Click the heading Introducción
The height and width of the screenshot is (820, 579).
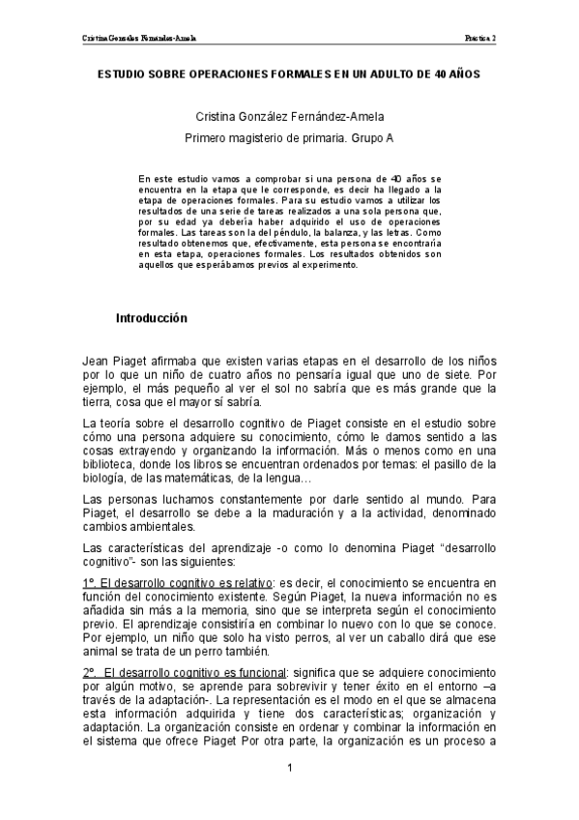(151, 318)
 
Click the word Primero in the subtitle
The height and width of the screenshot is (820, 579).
(210, 138)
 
